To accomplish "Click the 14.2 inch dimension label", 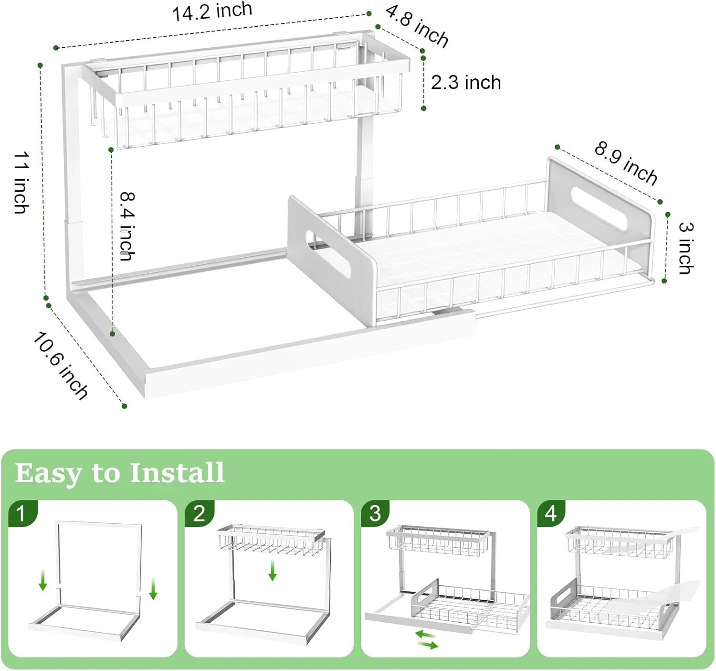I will [x=212, y=11].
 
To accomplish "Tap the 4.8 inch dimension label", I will [x=417, y=26].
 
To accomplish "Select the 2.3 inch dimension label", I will [x=466, y=83].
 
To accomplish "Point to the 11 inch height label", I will [x=21, y=183].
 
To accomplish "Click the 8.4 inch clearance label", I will [x=127, y=226].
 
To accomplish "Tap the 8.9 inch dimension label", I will [x=626, y=162].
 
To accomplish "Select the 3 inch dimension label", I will [x=686, y=248].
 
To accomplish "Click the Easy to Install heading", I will [x=119, y=473].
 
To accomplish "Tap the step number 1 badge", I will [x=21, y=513].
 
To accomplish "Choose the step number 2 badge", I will [x=199, y=513].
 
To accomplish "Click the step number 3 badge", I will [x=375, y=513].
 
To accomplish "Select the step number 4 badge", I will [x=551, y=513].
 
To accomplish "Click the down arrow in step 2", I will [x=273, y=570].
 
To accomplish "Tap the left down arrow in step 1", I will [x=43, y=580].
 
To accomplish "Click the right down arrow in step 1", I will [x=153, y=588].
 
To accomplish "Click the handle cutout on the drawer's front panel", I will [x=328, y=254].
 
